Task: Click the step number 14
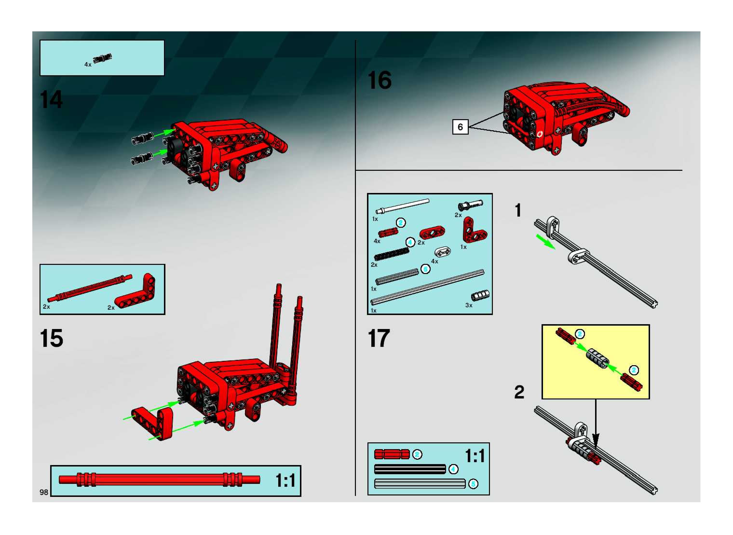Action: [x=51, y=99]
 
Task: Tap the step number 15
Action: [x=51, y=338]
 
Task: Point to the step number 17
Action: [x=379, y=338]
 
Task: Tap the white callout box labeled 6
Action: [x=460, y=127]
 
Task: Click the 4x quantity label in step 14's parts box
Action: [x=88, y=64]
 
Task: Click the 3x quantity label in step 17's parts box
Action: [x=468, y=305]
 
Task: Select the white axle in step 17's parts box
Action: [x=402, y=206]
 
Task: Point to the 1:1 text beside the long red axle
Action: [x=285, y=480]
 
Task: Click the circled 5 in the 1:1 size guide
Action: [x=473, y=484]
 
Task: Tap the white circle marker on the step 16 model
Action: [x=539, y=134]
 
